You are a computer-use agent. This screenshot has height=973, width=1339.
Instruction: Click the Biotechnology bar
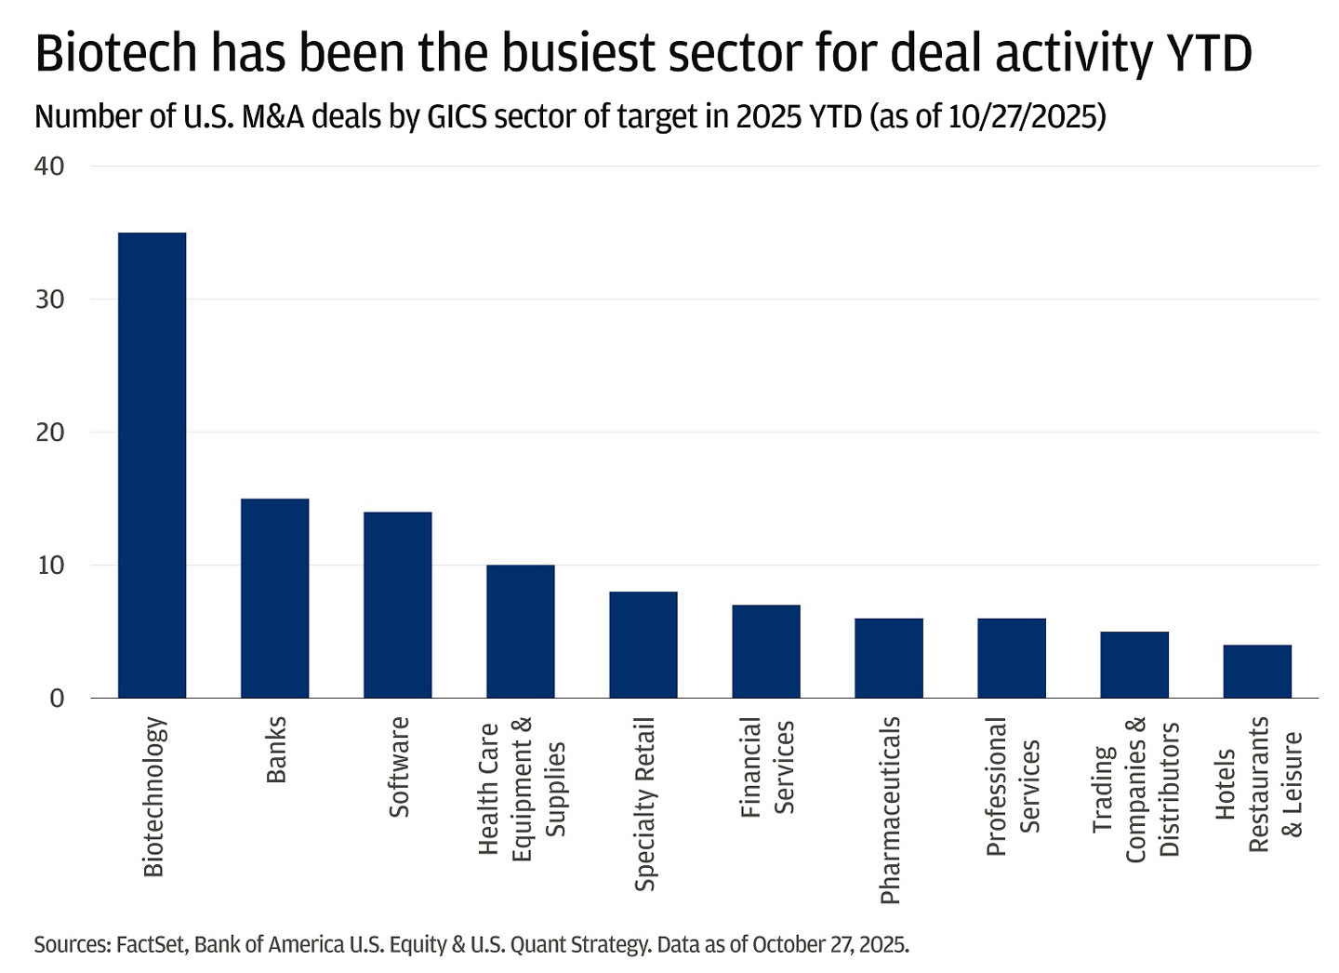[x=152, y=465]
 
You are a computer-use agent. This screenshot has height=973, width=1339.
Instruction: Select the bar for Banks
[x=274, y=598]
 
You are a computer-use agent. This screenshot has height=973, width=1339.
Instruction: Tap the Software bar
[x=397, y=605]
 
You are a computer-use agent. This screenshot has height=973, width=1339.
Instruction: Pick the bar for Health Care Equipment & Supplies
[x=520, y=632]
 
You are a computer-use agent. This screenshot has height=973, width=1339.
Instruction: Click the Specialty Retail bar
[x=643, y=645]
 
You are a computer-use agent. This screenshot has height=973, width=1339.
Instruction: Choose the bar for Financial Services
[x=765, y=651]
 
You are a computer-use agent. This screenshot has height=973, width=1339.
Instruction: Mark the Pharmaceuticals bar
[x=888, y=658]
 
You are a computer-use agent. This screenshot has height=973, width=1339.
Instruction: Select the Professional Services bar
[x=1011, y=658]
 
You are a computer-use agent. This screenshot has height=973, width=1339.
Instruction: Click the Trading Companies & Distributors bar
[x=1134, y=664]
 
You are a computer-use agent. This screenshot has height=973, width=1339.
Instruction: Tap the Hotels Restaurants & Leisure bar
[x=1256, y=671]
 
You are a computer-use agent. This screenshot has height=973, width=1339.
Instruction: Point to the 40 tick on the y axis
[x=50, y=167]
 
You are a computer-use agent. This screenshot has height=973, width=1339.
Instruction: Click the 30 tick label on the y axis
[x=50, y=300]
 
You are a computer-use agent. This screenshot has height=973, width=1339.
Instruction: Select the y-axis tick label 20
[x=50, y=433]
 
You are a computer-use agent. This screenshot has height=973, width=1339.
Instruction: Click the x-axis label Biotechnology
[x=153, y=796]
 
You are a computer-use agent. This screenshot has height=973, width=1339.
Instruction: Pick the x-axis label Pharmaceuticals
[x=890, y=809]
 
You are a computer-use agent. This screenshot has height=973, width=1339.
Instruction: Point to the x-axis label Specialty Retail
[x=644, y=804]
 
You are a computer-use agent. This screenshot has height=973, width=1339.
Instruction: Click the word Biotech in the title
[x=114, y=54]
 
